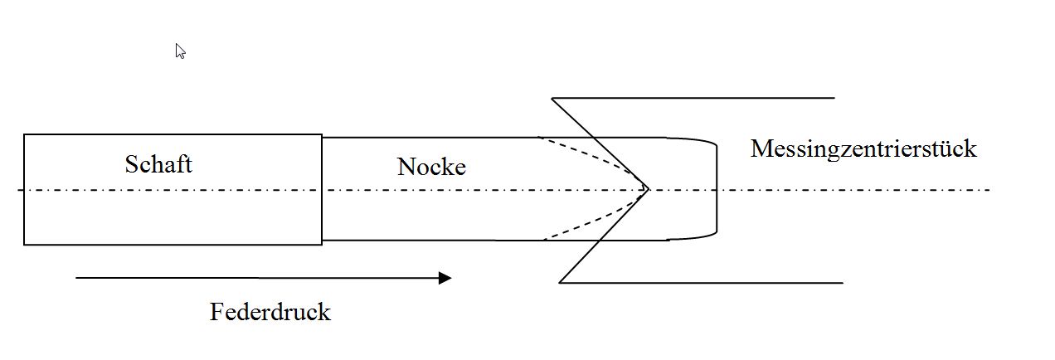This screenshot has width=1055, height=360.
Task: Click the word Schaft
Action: click(x=158, y=164)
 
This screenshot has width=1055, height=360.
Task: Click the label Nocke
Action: click(x=431, y=167)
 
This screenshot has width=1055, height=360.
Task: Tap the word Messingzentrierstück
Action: click(x=863, y=149)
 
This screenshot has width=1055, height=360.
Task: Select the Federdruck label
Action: click(x=270, y=313)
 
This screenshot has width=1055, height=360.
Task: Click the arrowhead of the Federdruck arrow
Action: click(x=445, y=278)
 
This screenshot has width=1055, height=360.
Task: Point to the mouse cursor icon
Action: click(x=180, y=51)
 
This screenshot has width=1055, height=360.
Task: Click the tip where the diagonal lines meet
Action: click(x=648, y=189)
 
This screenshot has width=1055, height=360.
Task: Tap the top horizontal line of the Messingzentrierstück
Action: click(x=705, y=98)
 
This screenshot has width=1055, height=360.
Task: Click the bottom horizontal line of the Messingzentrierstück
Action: click(x=713, y=283)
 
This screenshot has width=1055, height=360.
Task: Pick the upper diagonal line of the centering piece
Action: click(x=599, y=143)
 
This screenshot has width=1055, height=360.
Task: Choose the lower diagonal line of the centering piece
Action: click(x=604, y=236)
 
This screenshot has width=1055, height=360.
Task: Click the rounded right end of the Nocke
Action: click(x=716, y=189)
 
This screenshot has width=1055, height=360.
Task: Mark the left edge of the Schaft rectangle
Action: click(x=24, y=189)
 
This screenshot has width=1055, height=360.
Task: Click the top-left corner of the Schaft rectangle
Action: click(x=24, y=134)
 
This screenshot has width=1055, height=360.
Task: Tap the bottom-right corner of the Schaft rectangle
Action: click(x=322, y=245)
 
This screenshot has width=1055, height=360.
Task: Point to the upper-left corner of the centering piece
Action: click(x=552, y=99)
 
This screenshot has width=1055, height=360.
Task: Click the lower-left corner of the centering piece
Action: click(x=560, y=283)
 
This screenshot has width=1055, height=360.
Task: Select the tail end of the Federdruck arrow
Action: click(x=77, y=278)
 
